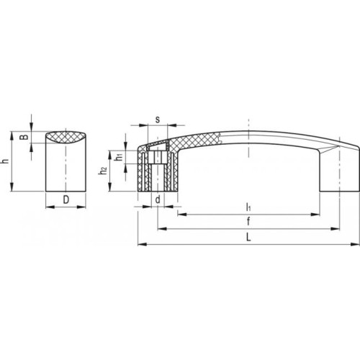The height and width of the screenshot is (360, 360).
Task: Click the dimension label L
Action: [248, 238]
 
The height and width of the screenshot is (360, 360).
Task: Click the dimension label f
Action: [248, 221]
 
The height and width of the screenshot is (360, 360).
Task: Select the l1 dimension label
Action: [248, 207]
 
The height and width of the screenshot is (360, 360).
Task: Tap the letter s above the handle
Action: [158, 120]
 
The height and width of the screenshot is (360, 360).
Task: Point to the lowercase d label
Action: [158, 199]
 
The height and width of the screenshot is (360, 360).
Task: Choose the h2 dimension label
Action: [103, 171]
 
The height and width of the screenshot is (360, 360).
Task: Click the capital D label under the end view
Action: [66, 199]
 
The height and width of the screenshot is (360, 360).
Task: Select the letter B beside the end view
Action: [24, 137]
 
